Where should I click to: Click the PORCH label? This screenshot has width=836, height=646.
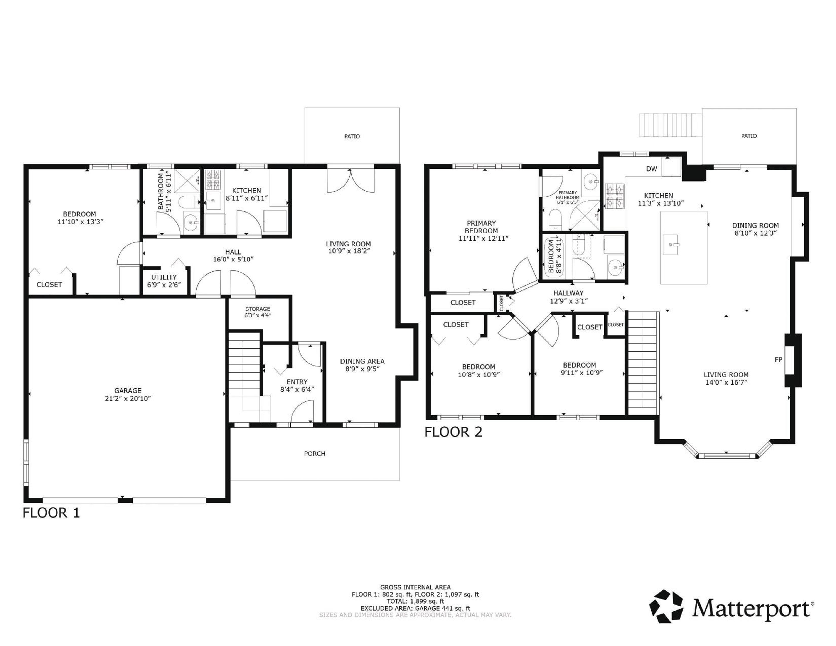pyautogui.click(x=314, y=453)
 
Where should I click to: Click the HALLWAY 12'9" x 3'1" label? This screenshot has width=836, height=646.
pyautogui.click(x=568, y=297)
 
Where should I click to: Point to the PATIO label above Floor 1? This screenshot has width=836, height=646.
pyautogui.click(x=352, y=136)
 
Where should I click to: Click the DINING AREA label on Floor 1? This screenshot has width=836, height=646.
pyautogui.click(x=362, y=365)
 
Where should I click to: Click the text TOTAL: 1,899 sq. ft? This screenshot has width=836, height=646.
pyautogui.click(x=415, y=601)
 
